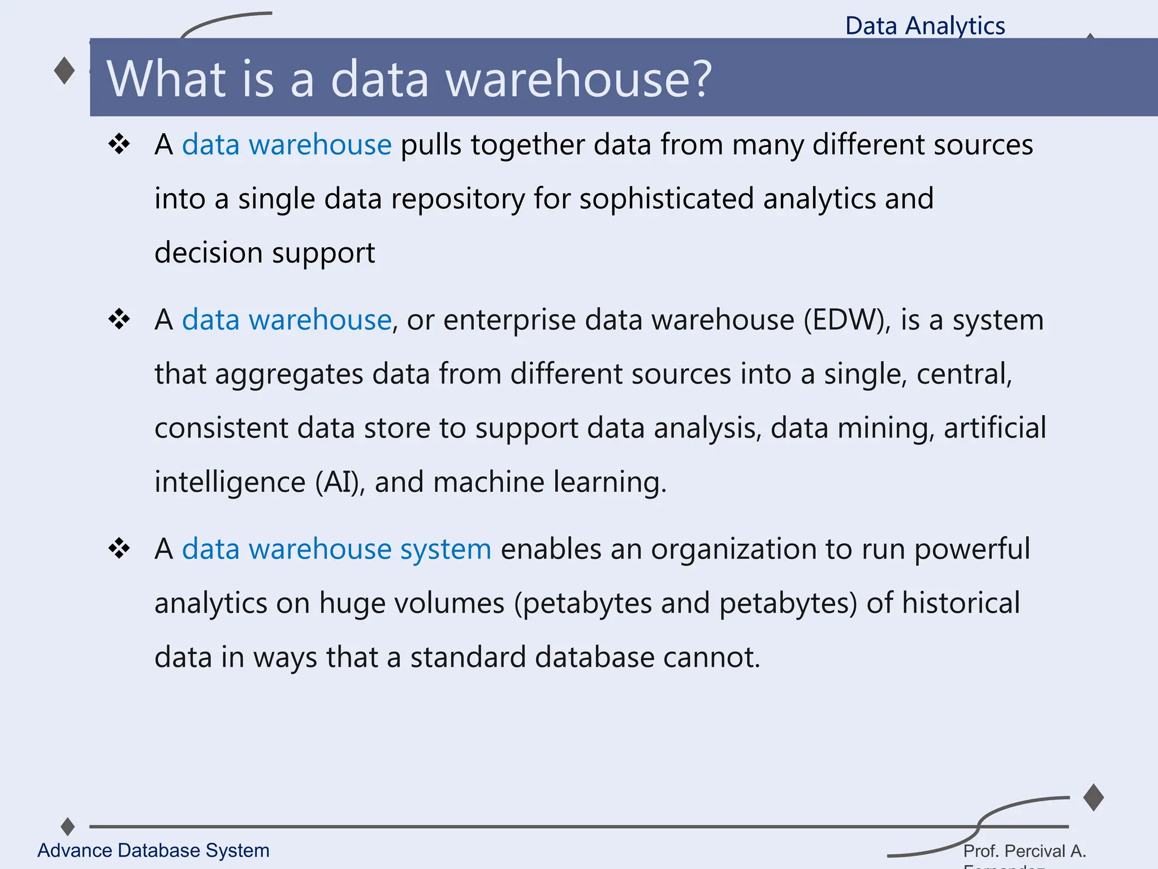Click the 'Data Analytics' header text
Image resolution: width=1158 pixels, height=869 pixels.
(925, 26)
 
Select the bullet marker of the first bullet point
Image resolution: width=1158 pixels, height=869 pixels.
(119, 145)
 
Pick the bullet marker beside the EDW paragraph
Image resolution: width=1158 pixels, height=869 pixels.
(119, 320)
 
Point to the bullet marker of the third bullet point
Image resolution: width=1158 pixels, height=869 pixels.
(119, 549)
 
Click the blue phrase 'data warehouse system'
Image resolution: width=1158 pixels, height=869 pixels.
(336, 549)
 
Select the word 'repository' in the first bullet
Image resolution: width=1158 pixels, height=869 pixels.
(458, 199)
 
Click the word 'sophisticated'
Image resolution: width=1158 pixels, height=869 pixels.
(667, 199)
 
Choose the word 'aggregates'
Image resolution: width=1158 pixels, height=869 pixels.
(289, 375)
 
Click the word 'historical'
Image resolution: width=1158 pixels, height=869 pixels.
(961, 603)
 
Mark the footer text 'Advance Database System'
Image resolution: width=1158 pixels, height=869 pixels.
(153, 850)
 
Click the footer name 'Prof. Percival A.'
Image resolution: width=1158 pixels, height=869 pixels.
(1025, 851)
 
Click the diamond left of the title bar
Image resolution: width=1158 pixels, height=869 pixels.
(64, 71)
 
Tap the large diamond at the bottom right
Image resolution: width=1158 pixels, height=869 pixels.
(1094, 798)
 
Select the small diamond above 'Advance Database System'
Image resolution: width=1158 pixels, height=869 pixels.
(68, 827)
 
